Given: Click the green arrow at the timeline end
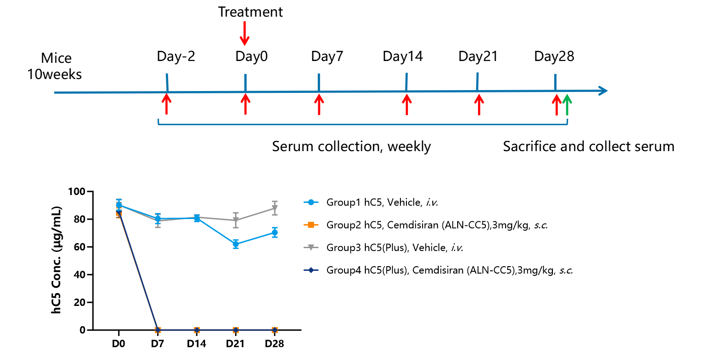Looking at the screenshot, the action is coord(567,105).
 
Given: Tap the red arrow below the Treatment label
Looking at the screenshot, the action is coord(244,33).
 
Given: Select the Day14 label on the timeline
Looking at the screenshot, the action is coord(402,56).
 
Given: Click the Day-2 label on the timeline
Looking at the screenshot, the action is coord(176,56).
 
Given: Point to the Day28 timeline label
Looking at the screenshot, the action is coord(554,56).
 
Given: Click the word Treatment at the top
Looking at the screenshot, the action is coord(250,12).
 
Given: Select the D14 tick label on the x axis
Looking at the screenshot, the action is coord(196,343).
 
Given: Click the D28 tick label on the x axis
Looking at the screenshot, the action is coord(274,343).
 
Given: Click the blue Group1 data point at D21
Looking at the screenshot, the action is coord(236,244).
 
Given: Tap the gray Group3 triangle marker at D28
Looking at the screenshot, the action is coord(275,208).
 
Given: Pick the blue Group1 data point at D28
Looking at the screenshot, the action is coord(275,232).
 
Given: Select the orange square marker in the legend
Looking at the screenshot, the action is coord(311,225).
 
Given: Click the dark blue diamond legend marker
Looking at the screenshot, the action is coord(311,270).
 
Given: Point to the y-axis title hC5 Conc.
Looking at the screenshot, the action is coord(56,260).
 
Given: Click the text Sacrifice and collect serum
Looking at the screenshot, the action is coord(588,146).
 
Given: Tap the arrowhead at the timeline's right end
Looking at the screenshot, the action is coord(603,91).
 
